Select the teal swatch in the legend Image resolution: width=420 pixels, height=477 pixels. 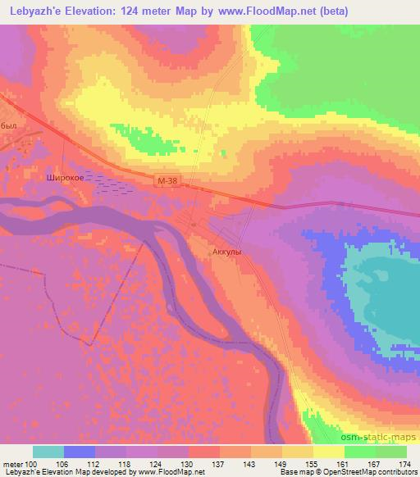point(48,452)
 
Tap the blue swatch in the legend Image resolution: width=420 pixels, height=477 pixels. point(80,452)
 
